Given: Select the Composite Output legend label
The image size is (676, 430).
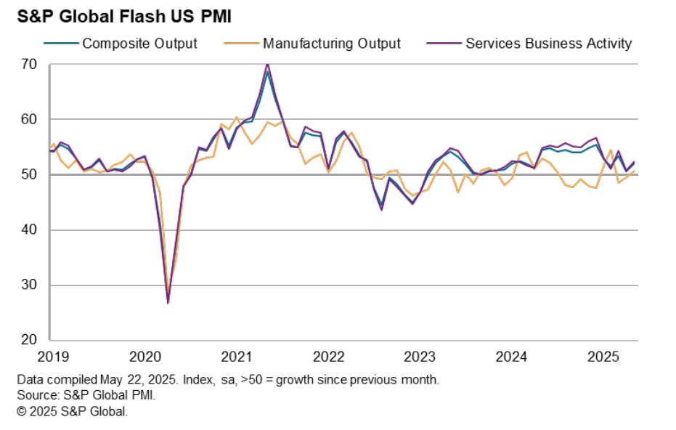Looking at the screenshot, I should click(x=139, y=44).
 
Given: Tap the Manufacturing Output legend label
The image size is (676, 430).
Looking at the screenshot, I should click(x=331, y=44).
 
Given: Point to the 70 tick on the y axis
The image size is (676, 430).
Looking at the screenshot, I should click(x=28, y=65).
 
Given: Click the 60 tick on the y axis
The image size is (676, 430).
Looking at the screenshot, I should click(x=28, y=120).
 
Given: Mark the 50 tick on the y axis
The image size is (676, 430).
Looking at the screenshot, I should click(x=28, y=175).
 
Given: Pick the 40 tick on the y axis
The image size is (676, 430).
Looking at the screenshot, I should click(x=28, y=230).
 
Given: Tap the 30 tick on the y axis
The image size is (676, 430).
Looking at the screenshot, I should click(x=28, y=285).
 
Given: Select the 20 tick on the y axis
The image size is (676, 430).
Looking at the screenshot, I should click(x=28, y=341).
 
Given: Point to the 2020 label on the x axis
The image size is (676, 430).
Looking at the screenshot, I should click(x=144, y=357).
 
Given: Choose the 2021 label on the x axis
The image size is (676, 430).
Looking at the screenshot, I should click(x=236, y=357).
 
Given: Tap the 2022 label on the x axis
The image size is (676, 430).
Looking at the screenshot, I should click(x=328, y=357).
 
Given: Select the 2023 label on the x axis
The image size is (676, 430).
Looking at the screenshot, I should click(x=420, y=357).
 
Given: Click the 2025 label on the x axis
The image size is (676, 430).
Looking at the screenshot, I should click(x=603, y=357).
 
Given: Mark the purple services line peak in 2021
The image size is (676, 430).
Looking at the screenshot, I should click(x=268, y=64).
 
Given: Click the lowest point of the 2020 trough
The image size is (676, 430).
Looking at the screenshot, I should click(x=168, y=302).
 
